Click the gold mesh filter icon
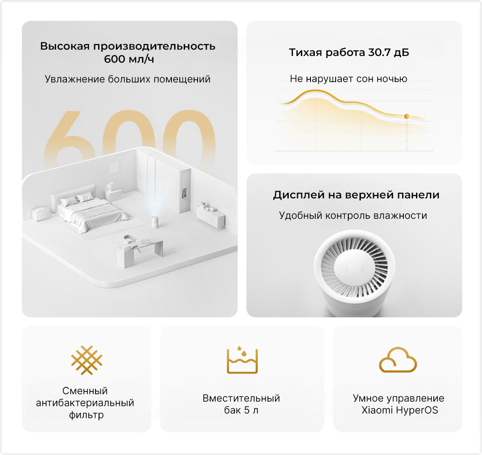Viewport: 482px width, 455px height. pyautogui.click(x=86, y=360)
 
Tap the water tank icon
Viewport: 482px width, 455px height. pyautogui.click(x=242, y=360)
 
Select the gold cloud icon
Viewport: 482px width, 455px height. pyautogui.click(x=398, y=360)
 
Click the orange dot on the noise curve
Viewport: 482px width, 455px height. pyautogui.click(x=407, y=116)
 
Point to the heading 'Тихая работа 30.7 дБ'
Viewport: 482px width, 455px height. pyautogui.click(x=349, y=53)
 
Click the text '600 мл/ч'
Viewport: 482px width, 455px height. pyautogui.click(x=129, y=59)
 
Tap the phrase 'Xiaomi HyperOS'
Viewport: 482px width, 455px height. pyautogui.click(x=399, y=410)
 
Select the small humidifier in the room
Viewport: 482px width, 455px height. pyautogui.click(x=155, y=222)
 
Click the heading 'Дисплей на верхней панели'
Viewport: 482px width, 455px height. pyautogui.click(x=356, y=195)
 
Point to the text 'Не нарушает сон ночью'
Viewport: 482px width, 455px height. pyautogui.click(x=349, y=79)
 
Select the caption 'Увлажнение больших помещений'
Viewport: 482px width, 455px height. pyautogui.click(x=128, y=79)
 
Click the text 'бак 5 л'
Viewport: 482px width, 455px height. pyautogui.click(x=241, y=410)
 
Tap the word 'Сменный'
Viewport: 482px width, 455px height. pyautogui.click(x=85, y=391)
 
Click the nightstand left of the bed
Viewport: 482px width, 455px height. pyautogui.click(x=40, y=214)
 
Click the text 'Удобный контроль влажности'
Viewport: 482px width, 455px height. pyautogui.click(x=353, y=215)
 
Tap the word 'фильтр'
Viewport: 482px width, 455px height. pyautogui.click(x=86, y=415)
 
